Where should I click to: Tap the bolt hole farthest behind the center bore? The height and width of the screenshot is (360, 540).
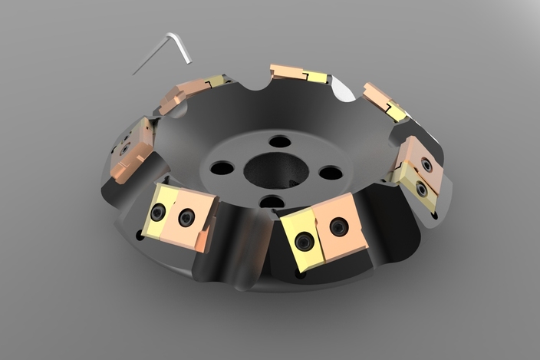[x=281, y=141]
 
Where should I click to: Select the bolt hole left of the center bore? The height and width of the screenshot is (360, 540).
[x=222, y=167]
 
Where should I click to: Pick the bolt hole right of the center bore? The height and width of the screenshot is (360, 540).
[x=331, y=173]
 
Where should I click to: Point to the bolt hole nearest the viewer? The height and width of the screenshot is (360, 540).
[x=272, y=202]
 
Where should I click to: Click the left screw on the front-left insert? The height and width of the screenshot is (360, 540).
[x=158, y=213]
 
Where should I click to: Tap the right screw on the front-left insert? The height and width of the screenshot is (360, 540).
[x=186, y=218]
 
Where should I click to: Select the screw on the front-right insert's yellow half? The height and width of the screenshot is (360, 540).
[x=305, y=243]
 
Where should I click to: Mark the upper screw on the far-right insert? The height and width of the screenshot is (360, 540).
[x=426, y=164]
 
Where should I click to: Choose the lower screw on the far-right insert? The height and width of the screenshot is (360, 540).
[x=421, y=188]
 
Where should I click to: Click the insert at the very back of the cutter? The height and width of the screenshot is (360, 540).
[x=299, y=74]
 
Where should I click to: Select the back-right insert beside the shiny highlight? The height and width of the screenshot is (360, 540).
[x=384, y=101]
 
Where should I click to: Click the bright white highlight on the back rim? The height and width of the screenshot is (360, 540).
[x=344, y=91]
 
